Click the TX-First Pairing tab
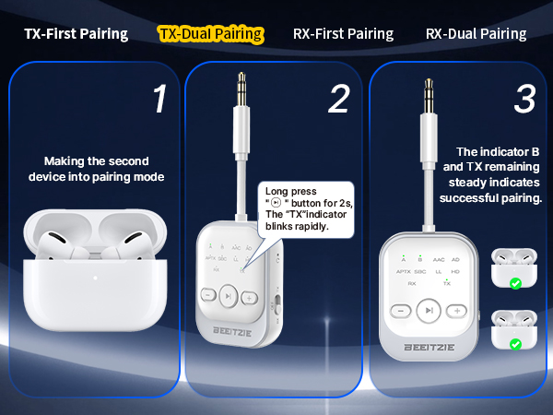point(76,34)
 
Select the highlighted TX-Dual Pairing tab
point(210,34)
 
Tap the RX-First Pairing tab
point(343,34)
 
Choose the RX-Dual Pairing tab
point(476,34)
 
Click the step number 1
point(159,100)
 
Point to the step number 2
point(338,100)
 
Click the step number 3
point(524,100)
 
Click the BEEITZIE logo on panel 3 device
point(428,348)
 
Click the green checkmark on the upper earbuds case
point(515,284)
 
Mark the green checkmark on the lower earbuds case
point(515,344)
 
